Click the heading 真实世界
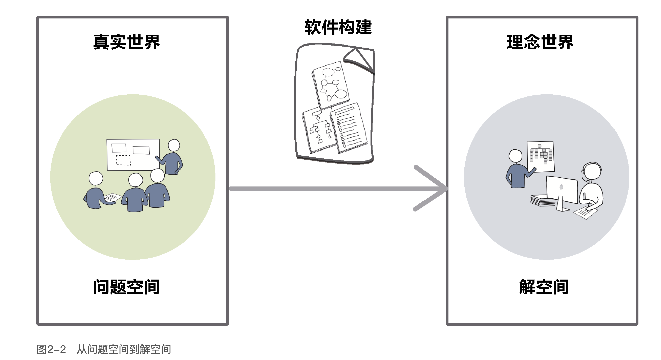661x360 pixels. coord(126,42)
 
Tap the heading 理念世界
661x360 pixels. coord(540,42)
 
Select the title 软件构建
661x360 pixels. coord(338,27)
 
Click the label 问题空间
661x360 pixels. coord(126,287)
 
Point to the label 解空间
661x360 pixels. coord(544,287)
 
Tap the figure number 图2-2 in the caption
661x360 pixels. coord(51,349)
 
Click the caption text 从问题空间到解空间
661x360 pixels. coord(124,349)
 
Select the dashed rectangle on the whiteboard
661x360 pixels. coord(123,160)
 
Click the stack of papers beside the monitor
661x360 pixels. coord(543,201)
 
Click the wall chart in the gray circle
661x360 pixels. coord(540,156)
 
